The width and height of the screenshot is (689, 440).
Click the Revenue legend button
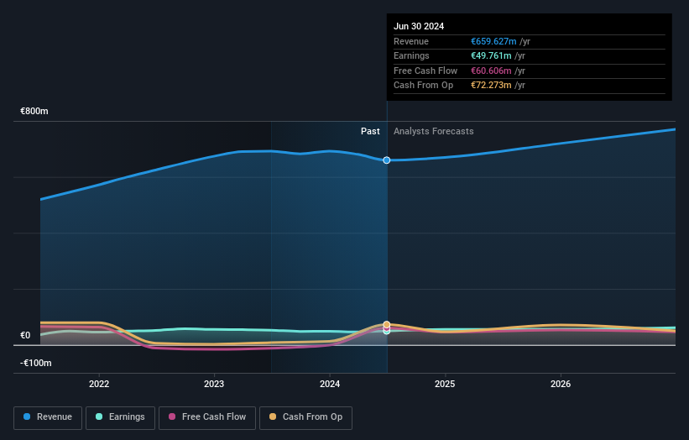(48, 417)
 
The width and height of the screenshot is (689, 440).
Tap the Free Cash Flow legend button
(206, 417)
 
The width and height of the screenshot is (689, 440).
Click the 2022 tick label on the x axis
(99, 385)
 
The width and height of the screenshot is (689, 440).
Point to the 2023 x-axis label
(214, 385)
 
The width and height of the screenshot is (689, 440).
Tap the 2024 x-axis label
(330, 385)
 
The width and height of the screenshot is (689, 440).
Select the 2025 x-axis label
(445, 385)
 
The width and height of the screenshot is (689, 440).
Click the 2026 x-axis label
(561, 385)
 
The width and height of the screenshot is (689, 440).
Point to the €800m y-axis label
(35, 111)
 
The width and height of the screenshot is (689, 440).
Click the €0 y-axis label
(25, 335)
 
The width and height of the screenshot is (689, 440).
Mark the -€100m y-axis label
(36, 363)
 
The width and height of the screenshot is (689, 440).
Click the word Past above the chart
(370, 131)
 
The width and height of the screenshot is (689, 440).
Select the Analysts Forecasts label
(433, 131)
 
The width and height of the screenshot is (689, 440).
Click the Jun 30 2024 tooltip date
(419, 26)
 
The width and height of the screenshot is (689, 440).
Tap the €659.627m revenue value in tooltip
(493, 41)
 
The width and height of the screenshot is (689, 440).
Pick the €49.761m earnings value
(490, 56)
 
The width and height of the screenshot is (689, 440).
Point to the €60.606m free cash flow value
(491, 71)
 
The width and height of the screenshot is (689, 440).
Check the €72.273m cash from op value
(491, 86)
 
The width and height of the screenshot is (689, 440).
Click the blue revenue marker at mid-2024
(387, 160)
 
